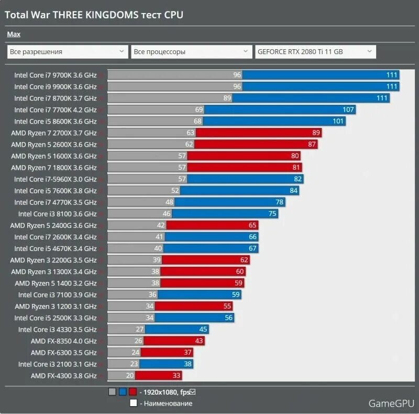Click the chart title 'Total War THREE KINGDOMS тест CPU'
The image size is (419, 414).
tap(94, 15)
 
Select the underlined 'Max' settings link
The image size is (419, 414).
tap(14, 35)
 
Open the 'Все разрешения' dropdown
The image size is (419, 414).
tap(67, 52)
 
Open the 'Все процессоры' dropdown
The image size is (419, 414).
tap(191, 52)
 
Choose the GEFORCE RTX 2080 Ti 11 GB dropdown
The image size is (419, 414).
tap(315, 52)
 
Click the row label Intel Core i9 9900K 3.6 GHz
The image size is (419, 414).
tap(55, 86)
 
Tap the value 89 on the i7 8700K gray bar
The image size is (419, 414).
tap(227, 98)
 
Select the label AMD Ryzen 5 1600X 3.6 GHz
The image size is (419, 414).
tap(53, 156)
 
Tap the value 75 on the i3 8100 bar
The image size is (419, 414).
tap(272, 214)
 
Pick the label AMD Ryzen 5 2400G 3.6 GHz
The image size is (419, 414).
tap(53, 225)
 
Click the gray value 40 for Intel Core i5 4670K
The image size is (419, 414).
tap(158, 248)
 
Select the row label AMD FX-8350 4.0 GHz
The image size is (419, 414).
tap(63, 341)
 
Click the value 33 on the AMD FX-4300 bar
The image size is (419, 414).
tap(177, 376)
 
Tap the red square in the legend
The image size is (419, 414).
tap(133, 392)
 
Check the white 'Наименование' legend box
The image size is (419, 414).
tap(134, 404)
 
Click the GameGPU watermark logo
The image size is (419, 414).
tap(391, 403)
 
